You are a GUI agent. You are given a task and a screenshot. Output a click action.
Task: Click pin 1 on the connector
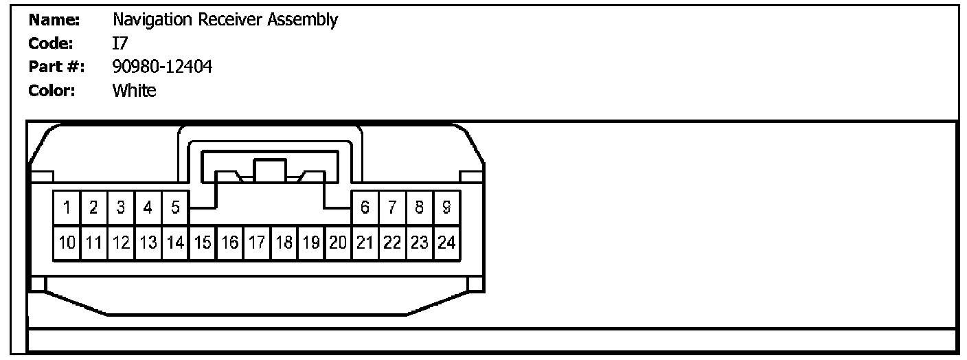(67, 207)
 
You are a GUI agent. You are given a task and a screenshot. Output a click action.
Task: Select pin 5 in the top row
(175, 207)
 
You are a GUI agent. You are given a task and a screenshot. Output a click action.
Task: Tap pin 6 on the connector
(365, 207)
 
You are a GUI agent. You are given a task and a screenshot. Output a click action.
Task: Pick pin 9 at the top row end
(446, 207)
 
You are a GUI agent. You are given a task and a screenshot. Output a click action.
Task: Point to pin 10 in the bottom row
(67, 243)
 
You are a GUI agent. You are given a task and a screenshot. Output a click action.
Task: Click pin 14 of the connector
(175, 243)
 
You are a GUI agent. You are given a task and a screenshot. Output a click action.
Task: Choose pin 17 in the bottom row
(257, 243)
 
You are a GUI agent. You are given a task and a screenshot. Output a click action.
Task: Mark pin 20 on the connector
(338, 243)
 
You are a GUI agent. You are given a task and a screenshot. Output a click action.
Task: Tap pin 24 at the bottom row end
(446, 243)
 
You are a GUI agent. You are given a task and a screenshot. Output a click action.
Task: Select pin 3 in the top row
(121, 207)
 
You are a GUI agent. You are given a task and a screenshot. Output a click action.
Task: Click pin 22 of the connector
(392, 243)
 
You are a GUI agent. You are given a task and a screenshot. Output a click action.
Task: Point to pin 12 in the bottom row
(121, 243)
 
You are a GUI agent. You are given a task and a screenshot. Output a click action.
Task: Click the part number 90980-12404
(162, 67)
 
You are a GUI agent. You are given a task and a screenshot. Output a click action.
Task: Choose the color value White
(134, 90)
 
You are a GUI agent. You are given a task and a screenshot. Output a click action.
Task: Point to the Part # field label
(56, 67)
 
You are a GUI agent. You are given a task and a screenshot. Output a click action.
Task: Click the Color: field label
(52, 90)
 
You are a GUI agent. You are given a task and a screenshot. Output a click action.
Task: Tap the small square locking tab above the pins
(269, 171)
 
